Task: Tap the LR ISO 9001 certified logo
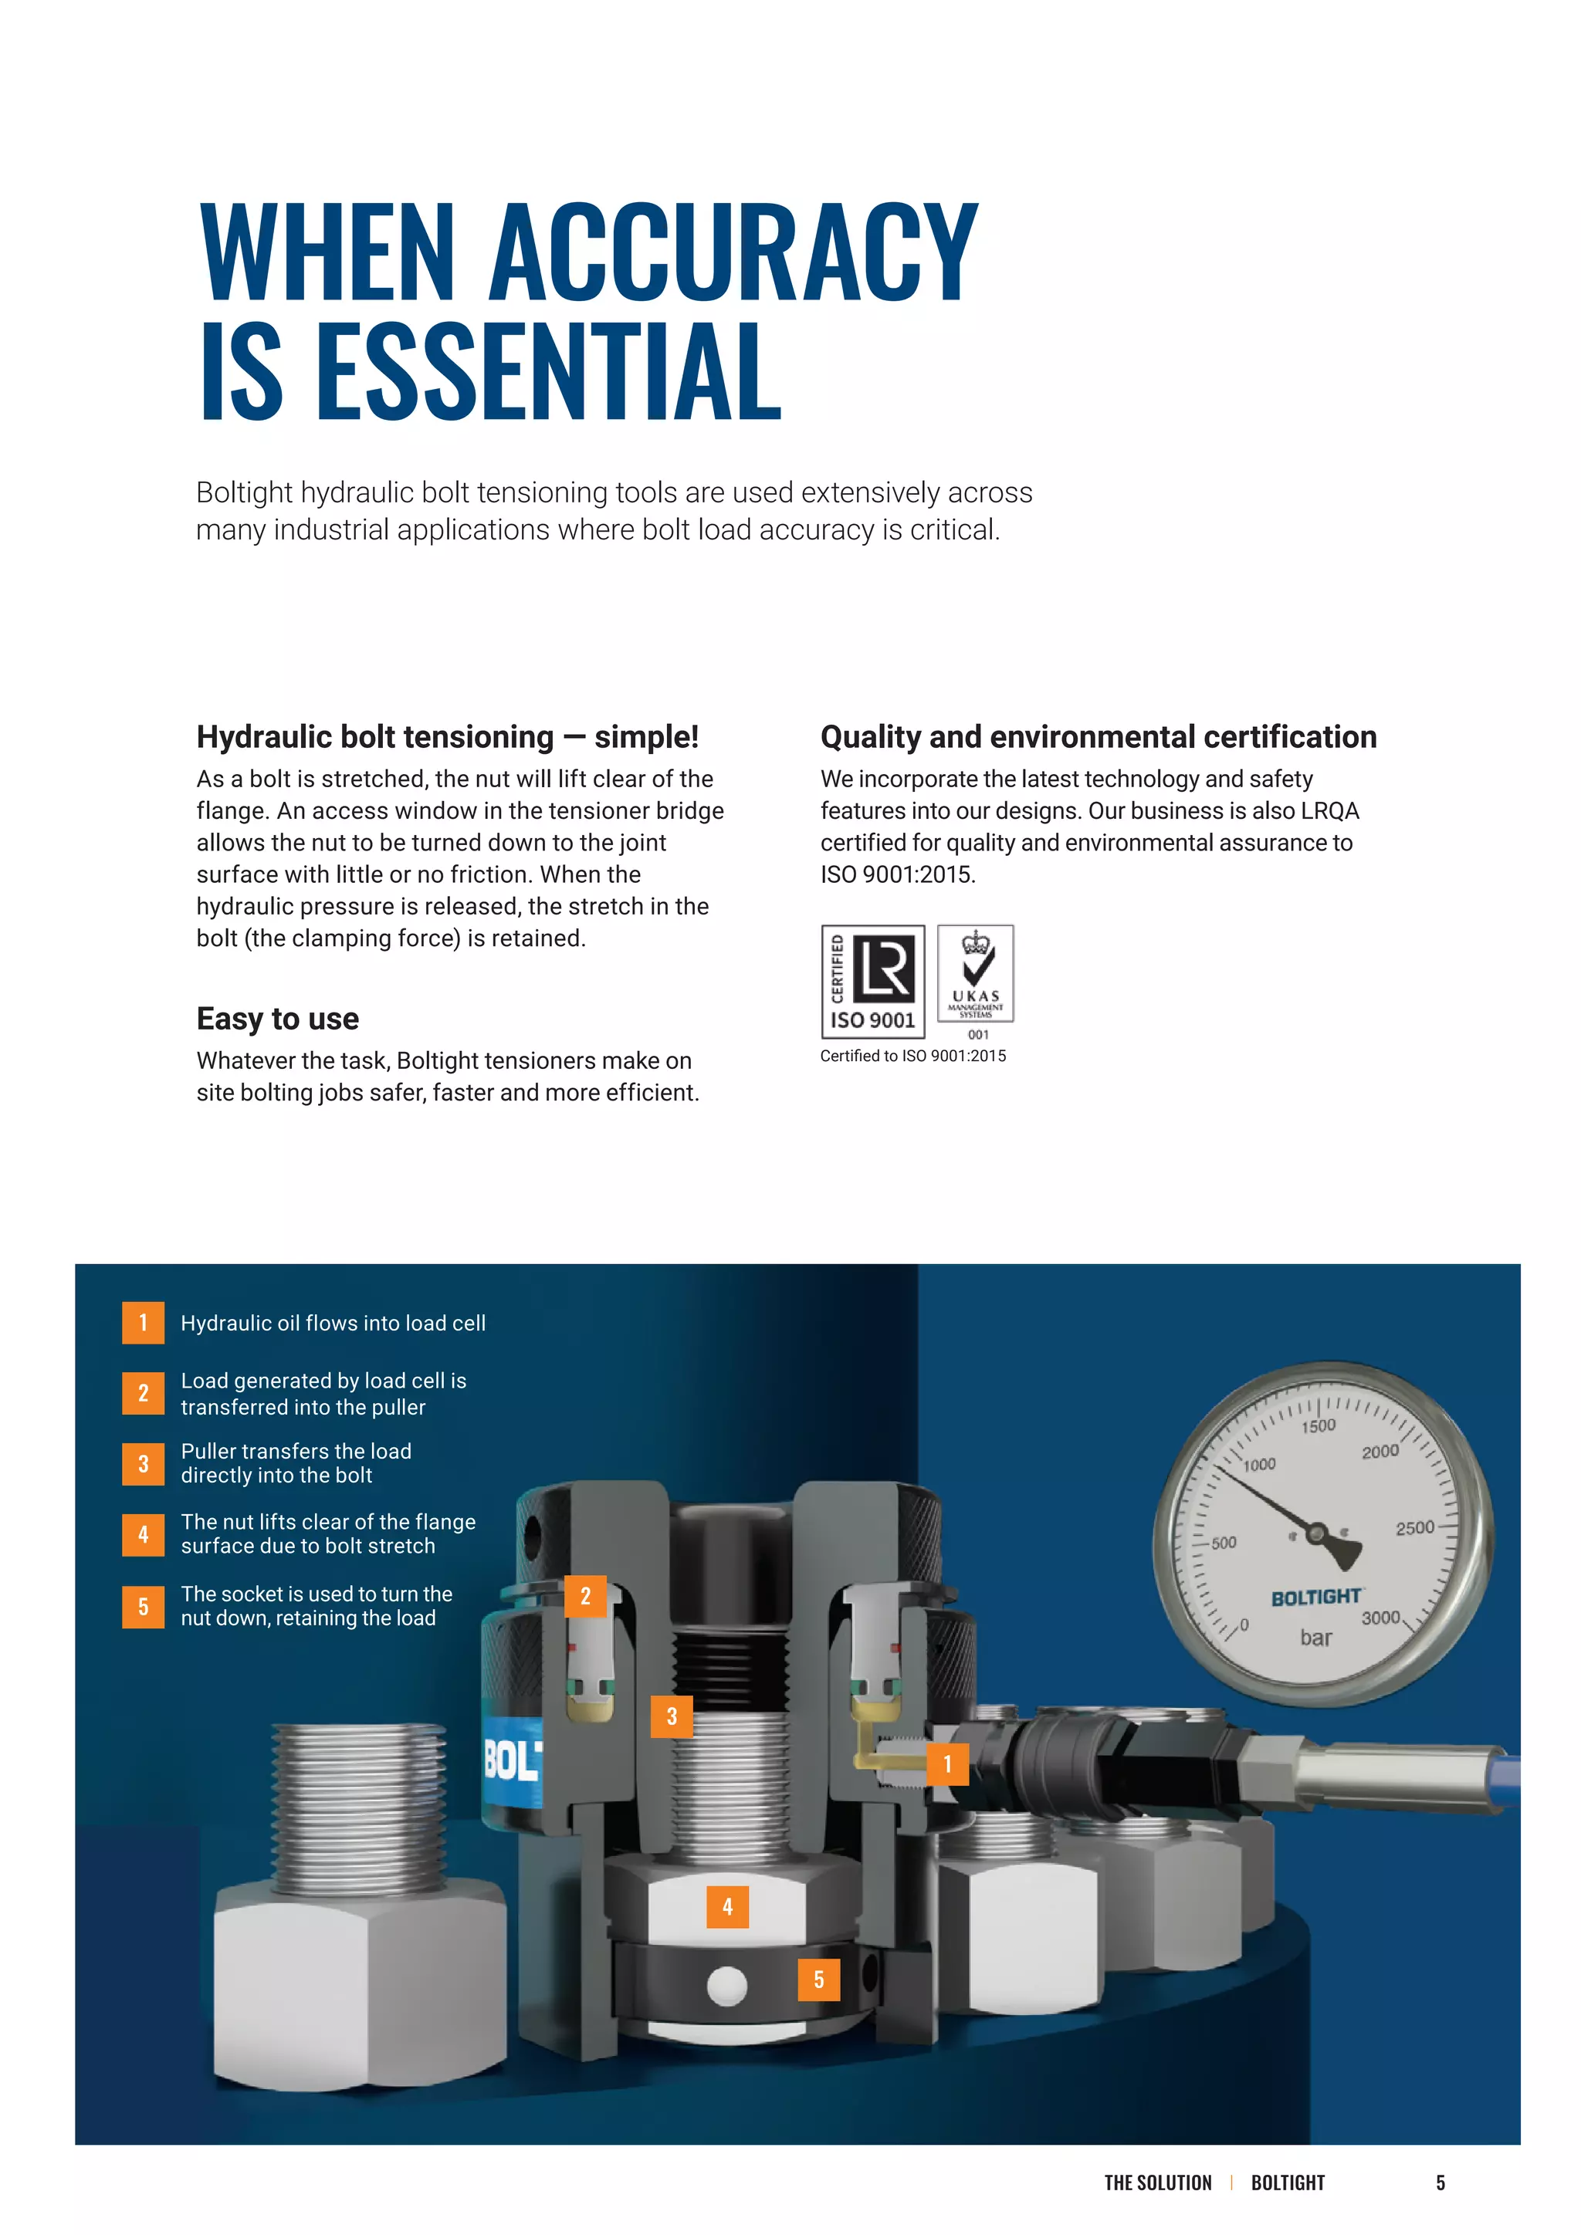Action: [x=872, y=981]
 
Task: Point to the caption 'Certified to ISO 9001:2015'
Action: [x=913, y=1057]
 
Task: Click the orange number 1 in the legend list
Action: [x=143, y=1323]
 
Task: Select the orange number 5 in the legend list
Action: [x=143, y=1606]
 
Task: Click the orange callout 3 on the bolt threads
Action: [x=672, y=1716]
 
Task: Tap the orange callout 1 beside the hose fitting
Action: [x=947, y=1764]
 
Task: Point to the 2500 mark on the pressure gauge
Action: [x=1414, y=1528]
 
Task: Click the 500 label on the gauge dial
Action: [x=1224, y=1543]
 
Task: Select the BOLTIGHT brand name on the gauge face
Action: [x=1315, y=1598]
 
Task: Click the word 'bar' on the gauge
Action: [x=1315, y=1638]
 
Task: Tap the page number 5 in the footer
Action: [x=1440, y=2183]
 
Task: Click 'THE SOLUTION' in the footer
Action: [x=1157, y=2183]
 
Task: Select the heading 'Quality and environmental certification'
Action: [x=1099, y=737]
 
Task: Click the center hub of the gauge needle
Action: [x=1316, y=1534]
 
